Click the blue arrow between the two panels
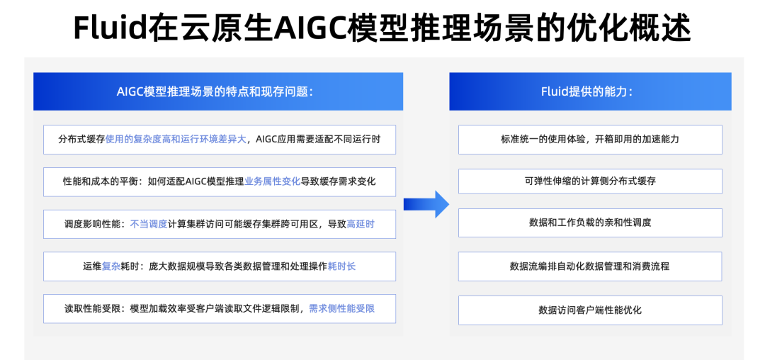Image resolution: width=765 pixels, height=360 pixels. (426, 204)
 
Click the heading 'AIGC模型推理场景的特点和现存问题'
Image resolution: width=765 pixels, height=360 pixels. (215, 91)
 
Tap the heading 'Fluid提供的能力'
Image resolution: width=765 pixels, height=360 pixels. (586, 91)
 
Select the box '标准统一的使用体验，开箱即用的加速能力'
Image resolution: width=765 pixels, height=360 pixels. (590, 139)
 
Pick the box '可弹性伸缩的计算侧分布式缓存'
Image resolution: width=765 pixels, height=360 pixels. (590, 181)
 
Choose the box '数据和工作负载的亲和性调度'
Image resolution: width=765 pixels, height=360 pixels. (590, 223)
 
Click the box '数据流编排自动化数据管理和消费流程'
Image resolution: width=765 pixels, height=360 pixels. (590, 266)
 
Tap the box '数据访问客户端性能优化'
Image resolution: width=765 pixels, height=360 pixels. (590, 310)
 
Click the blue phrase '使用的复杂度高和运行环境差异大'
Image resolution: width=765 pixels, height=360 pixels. (176, 139)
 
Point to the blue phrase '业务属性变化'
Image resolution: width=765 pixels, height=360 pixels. (273, 181)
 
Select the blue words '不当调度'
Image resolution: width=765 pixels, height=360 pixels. (149, 224)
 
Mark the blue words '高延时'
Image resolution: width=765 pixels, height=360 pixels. (361, 224)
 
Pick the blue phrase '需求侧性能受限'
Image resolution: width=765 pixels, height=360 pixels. (342, 308)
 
